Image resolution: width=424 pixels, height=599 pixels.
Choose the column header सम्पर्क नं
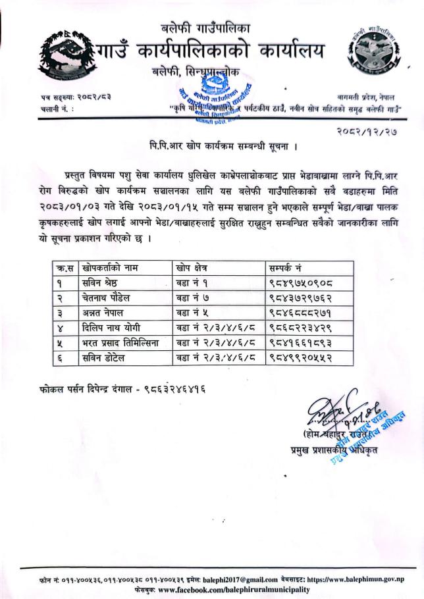(286, 268)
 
